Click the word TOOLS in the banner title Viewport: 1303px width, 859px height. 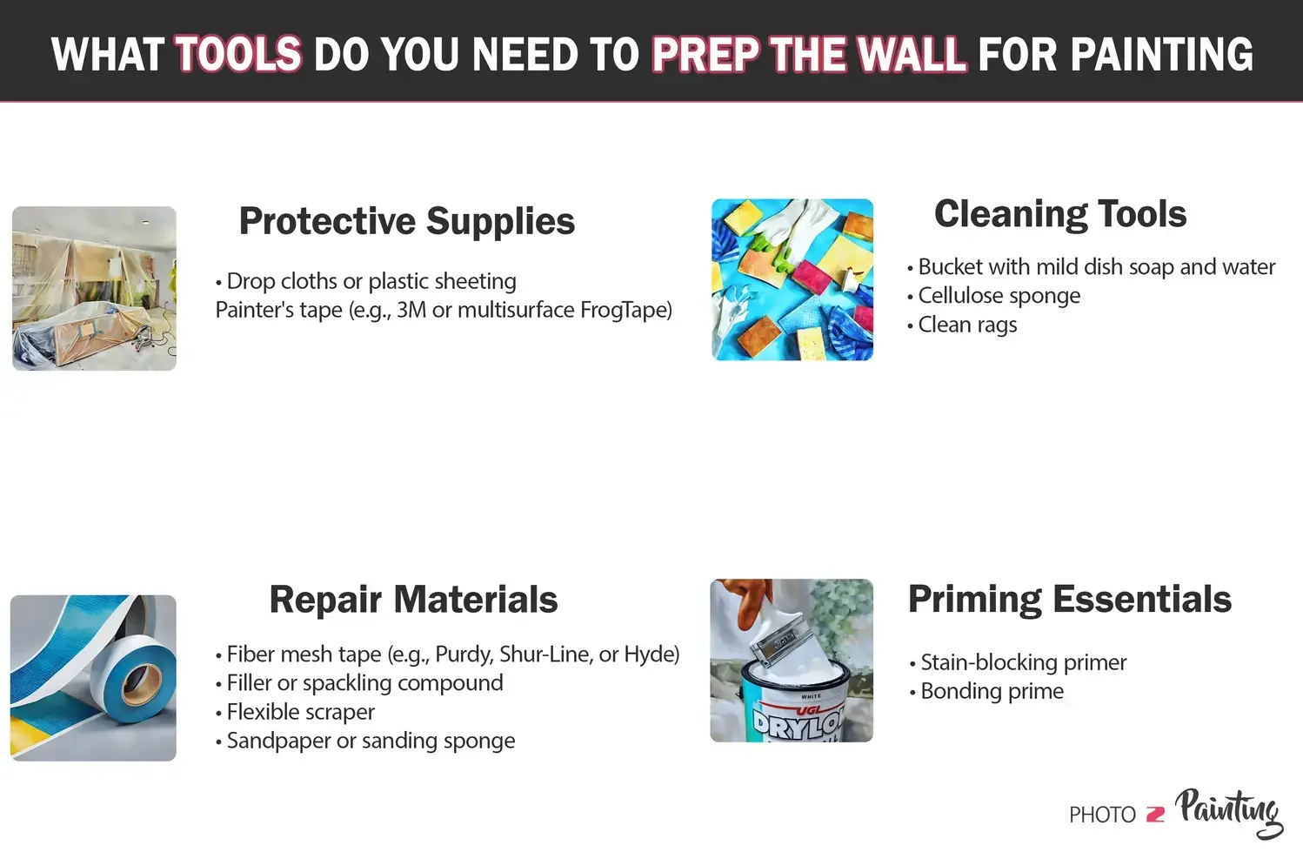click(x=238, y=54)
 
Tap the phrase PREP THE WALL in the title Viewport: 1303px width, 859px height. click(x=809, y=54)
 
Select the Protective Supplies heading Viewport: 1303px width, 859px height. click(x=406, y=221)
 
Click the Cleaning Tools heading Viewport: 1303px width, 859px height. click(x=1059, y=214)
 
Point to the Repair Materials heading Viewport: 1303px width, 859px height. click(x=413, y=600)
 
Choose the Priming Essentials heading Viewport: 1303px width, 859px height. click(x=1069, y=600)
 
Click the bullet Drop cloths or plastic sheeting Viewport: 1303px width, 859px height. click(x=371, y=281)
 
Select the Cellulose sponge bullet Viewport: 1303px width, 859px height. click(x=999, y=296)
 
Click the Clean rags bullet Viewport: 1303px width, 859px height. click(x=967, y=325)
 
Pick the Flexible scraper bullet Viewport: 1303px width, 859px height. click(x=300, y=712)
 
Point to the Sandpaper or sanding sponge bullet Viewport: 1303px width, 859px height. click(x=371, y=741)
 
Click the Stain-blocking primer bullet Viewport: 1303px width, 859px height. click(x=1023, y=662)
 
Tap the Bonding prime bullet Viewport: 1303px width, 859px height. click(x=992, y=691)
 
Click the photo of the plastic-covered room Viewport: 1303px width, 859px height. click(x=94, y=288)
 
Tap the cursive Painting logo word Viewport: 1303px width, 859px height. click(x=1228, y=811)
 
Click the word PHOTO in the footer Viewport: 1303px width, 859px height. click(x=1102, y=815)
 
